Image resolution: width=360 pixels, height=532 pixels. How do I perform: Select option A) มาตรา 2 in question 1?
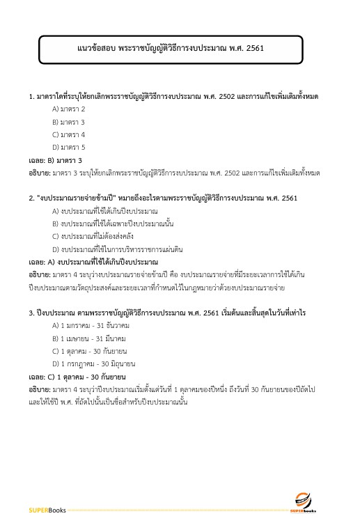click(69, 109)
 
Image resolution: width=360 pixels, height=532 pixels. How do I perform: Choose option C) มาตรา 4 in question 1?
click(69, 134)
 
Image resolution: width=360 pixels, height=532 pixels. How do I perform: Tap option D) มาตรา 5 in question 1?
click(69, 147)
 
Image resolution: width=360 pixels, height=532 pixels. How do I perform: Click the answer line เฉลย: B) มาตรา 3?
click(56, 160)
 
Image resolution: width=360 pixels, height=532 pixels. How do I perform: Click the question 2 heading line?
click(153, 198)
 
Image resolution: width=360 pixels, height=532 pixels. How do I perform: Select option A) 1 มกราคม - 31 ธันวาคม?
click(91, 325)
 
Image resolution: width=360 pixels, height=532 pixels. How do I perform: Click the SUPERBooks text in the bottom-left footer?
click(47, 510)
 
